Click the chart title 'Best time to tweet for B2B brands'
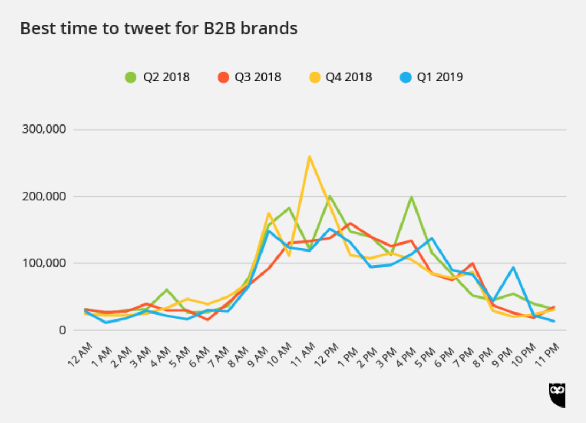click(x=159, y=28)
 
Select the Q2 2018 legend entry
click(x=158, y=77)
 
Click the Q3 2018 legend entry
click(x=249, y=77)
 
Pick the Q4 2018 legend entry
click(x=340, y=77)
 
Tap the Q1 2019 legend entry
click(x=431, y=77)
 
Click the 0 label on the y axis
click(x=63, y=330)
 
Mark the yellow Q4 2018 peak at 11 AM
click(x=310, y=156)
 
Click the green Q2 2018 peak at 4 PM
click(x=411, y=197)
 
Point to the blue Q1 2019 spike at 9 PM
click(x=513, y=267)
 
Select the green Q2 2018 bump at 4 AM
click(x=167, y=289)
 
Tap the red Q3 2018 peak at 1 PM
click(x=350, y=223)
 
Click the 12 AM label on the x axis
click(x=80, y=355)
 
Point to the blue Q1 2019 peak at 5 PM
click(x=431, y=238)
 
